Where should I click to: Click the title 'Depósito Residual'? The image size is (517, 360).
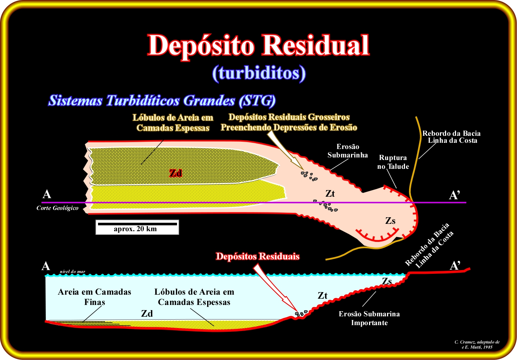coord(258,46)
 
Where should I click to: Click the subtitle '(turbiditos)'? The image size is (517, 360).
coord(259,73)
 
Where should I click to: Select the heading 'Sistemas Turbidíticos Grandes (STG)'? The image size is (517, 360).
coord(162,101)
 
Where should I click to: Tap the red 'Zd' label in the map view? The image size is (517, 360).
coord(176,173)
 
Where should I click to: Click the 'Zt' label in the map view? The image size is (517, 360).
coord(330,194)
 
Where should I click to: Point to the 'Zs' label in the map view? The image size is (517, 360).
coord(390,221)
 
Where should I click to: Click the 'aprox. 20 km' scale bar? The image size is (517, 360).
coord(137,227)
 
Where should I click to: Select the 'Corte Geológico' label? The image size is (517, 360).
coord(58,208)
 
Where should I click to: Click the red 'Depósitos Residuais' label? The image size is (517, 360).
coord(258,256)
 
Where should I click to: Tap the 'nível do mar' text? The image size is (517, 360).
coord(72,272)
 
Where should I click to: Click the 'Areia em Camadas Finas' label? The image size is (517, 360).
coord(94,297)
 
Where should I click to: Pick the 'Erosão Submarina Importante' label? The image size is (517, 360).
coord(369,318)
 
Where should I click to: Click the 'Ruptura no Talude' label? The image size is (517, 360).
coord(393,162)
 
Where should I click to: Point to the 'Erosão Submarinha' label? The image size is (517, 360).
coord(348,150)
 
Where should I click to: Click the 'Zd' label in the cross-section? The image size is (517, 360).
coord(147,314)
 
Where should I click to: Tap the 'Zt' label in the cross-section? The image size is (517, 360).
coord(322,295)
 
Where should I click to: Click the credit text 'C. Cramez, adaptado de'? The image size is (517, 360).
coord(477,342)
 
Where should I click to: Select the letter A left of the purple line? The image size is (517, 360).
coord(47,194)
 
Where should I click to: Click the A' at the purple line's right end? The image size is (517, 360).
coord(455,195)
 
